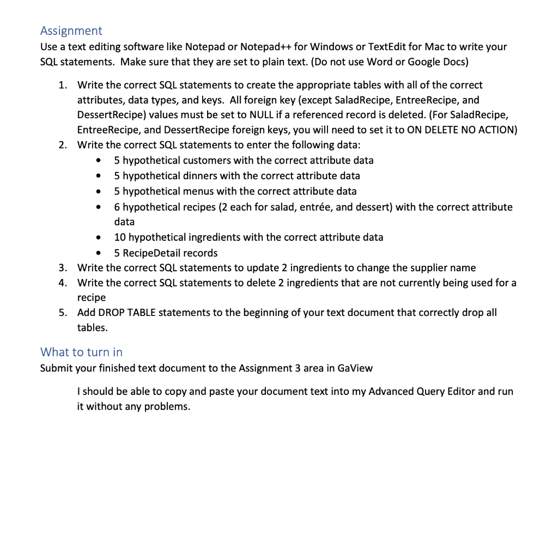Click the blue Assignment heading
point(71,31)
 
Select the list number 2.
point(63,145)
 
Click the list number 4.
point(63,283)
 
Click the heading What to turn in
point(81,352)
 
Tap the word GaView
point(355,368)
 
